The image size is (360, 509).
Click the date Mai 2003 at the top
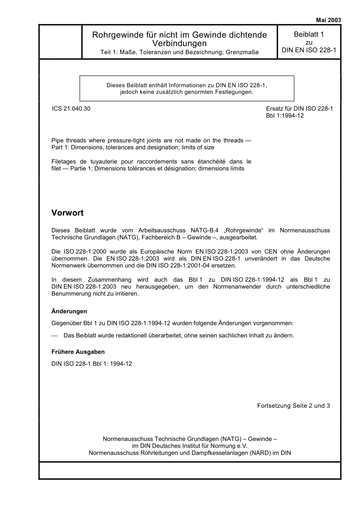[x=328, y=20]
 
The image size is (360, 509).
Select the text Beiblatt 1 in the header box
[x=309, y=34]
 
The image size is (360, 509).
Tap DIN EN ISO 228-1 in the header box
[x=309, y=50]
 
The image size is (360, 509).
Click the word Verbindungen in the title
[x=179, y=44]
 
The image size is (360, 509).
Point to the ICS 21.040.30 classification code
[x=71, y=109]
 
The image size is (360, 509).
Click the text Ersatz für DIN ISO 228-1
[x=299, y=109]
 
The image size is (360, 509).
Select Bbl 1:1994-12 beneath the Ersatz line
[x=285, y=116]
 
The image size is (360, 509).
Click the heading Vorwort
[x=67, y=213]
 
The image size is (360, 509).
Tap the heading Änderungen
[x=69, y=311]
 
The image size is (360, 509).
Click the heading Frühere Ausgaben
[x=78, y=352]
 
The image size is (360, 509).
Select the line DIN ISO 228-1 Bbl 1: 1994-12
[x=92, y=364]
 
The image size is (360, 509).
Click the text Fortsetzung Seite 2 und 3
[x=293, y=406]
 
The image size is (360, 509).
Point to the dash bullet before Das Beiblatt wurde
[x=55, y=336]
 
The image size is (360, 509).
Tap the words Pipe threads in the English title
[x=69, y=141]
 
